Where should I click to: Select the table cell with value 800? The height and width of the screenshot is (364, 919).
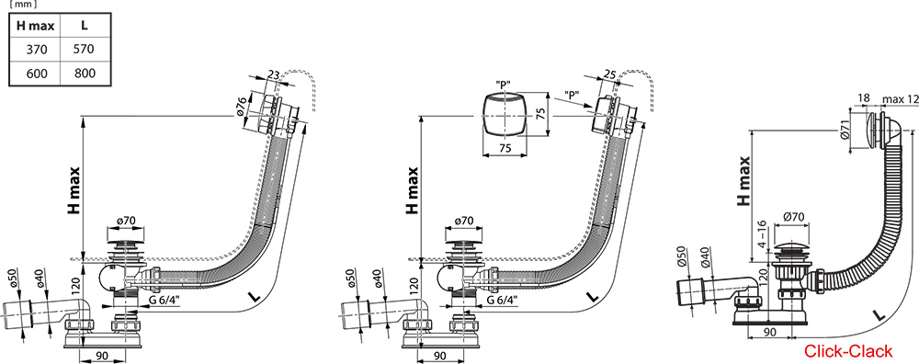coord(85,73)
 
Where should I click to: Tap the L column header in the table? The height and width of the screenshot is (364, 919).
coord(85,23)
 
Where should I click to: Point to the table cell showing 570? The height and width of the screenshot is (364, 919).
coord(85,48)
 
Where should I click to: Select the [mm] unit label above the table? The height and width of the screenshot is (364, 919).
coord(22,5)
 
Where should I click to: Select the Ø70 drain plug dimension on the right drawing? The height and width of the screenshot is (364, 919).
coord(794,218)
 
